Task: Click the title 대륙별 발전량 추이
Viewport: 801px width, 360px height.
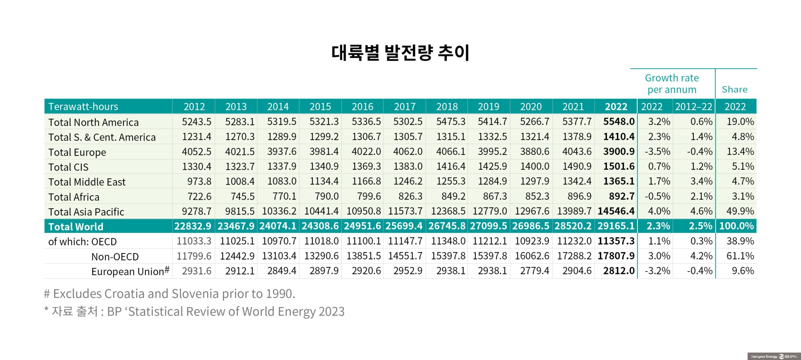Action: pyautogui.click(x=400, y=53)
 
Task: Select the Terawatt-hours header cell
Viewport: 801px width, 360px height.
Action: pyautogui.click(x=83, y=106)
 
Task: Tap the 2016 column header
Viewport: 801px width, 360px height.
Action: pyautogui.click(x=363, y=106)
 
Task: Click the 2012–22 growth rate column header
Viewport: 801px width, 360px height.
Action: pyautogui.click(x=693, y=106)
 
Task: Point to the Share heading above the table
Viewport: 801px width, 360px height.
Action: pyautogui.click(x=735, y=90)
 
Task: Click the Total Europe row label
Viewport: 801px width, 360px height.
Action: pyautogui.click(x=77, y=152)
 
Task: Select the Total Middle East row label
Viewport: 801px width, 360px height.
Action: pyautogui.click(x=87, y=182)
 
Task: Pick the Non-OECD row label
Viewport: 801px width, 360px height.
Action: pyautogui.click(x=115, y=257)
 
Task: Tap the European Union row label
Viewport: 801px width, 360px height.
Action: pyautogui.click(x=128, y=272)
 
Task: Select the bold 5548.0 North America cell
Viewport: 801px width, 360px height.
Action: pyautogui.click(x=618, y=122)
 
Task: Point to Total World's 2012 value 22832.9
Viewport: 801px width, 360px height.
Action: pyautogui.click(x=193, y=226)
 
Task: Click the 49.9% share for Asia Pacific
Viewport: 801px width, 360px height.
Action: pyautogui.click(x=740, y=211)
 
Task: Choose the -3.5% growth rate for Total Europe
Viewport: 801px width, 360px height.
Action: pyautogui.click(x=659, y=151)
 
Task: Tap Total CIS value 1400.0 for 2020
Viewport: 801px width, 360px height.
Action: pyautogui.click(x=534, y=166)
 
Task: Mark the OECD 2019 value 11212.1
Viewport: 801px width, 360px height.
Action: pyautogui.click(x=490, y=241)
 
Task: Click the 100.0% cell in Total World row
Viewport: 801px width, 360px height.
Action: pyautogui.click(x=736, y=226)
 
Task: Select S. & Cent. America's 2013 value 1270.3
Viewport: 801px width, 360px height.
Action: pyautogui.click(x=240, y=137)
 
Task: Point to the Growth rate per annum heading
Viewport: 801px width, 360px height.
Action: pyautogui.click(x=672, y=84)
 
